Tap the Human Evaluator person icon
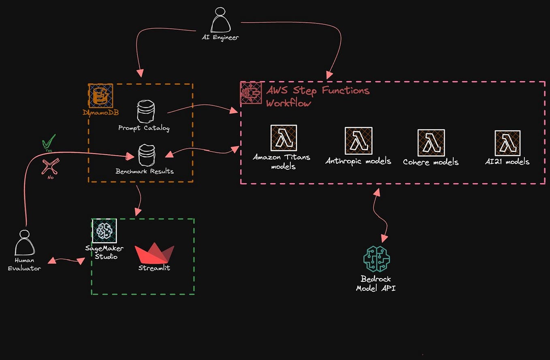pyautogui.click(x=24, y=243)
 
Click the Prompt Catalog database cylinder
pyautogui.click(x=146, y=111)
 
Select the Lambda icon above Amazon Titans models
pyautogui.click(x=284, y=138)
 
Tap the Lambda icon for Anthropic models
pyautogui.click(x=358, y=141)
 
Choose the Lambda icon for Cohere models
pyautogui.click(x=431, y=143)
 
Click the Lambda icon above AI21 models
pyautogui.click(x=507, y=143)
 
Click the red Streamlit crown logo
pyautogui.click(x=154, y=253)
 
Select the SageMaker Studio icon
pyautogui.click(x=104, y=231)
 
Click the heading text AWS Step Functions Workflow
pyautogui.click(x=317, y=96)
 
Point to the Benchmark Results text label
pyautogui.click(x=145, y=171)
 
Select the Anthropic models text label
pyautogui.click(x=358, y=161)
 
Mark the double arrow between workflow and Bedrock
pyautogui.click(x=380, y=215)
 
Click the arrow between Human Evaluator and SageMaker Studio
pyautogui.click(x=67, y=260)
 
